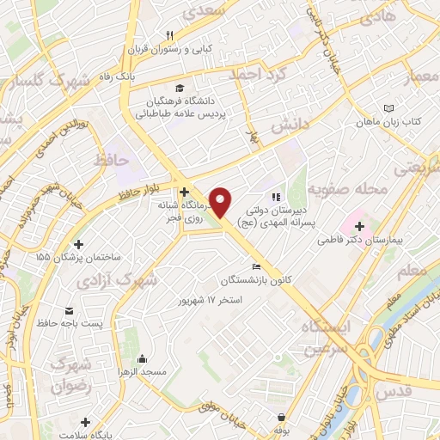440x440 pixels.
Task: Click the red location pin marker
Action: click(222, 203)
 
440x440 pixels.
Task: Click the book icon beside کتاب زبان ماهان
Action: click(388, 109)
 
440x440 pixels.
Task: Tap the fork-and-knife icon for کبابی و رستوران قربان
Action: click(170, 35)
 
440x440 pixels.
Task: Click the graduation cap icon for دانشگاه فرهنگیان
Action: click(180, 88)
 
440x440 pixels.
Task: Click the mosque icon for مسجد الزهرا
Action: click(142, 357)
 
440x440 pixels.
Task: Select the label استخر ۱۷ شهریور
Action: click(209, 300)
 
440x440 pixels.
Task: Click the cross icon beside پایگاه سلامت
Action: click(85, 422)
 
